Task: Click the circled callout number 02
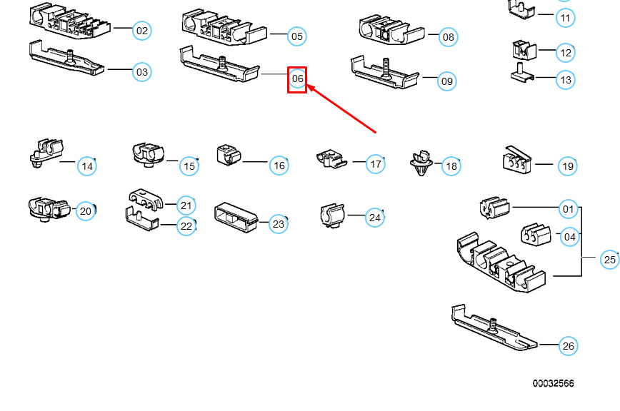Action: pos(142,31)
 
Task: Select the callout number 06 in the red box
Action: pos(297,78)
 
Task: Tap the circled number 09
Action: pos(446,81)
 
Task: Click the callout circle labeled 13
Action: pos(566,80)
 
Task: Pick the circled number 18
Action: pos(451,167)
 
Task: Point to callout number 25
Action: pos(609,260)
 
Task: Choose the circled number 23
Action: pos(279,224)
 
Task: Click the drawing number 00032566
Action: pos(552,384)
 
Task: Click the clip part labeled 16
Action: pos(229,153)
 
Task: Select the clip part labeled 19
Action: pos(516,161)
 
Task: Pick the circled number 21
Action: pos(186,205)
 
